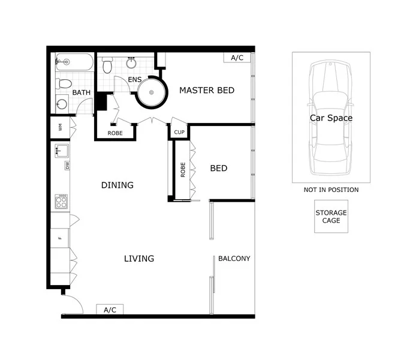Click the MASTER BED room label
(x=207, y=91)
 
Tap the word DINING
(x=117, y=185)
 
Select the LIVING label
(x=139, y=259)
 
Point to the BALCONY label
(x=234, y=259)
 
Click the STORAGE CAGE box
(x=331, y=217)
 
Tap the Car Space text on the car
(x=331, y=118)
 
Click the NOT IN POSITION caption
(x=331, y=190)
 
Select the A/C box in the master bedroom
(x=237, y=58)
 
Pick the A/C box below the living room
(x=110, y=310)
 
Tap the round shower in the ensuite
(x=151, y=92)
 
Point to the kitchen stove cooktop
(x=62, y=201)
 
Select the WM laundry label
(x=61, y=127)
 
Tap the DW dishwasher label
(x=67, y=165)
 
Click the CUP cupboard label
(x=179, y=133)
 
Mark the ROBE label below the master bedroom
(x=115, y=133)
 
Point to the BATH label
(x=81, y=93)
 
